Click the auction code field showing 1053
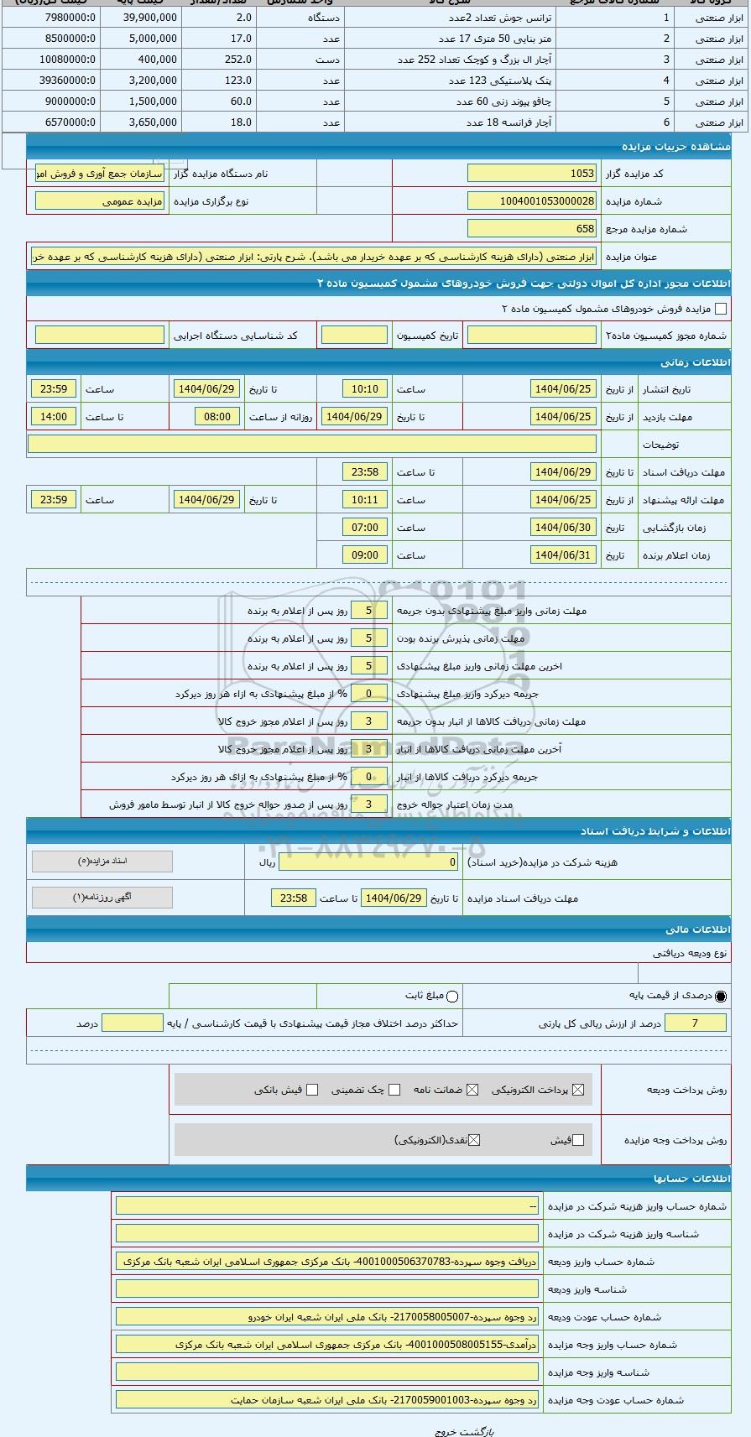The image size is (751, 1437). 531,174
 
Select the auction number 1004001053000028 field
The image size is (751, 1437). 531,201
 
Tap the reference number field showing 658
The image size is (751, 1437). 531,229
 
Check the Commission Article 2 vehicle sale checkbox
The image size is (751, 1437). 720,309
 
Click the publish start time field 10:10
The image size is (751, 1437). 365,389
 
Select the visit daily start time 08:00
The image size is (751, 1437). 217,417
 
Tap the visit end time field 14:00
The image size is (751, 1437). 54,417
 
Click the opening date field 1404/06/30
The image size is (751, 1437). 564,528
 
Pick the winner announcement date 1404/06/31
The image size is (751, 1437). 564,555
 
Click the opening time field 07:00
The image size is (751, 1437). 365,528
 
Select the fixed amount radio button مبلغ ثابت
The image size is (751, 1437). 452,997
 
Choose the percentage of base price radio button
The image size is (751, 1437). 721,997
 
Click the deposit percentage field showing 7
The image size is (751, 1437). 695,1023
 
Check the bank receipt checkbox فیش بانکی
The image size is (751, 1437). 312,1090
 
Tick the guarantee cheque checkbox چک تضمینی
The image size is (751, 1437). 394,1090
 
